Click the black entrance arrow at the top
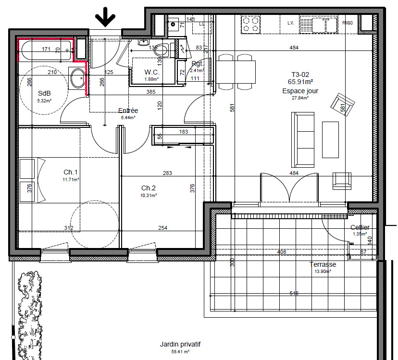[x=105, y=18]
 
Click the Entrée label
[x=128, y=111]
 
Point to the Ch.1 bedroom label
[x=71, y=172]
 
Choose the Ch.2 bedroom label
[x=149, y=188]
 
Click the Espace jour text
[x=300, y=90]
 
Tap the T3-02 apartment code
[x=300, y=74]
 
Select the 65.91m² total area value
[x=300, y=82]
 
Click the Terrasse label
[x=323, y=264]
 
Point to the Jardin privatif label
[x=181, y=345]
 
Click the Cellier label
[x=360, y=227]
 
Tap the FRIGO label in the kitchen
[x=348, y=23]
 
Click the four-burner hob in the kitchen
[x=251, y=24]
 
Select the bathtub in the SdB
[x=45, y=50]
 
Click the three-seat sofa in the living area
[x=304, y=138]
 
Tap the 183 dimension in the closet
[x=183, y=132]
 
